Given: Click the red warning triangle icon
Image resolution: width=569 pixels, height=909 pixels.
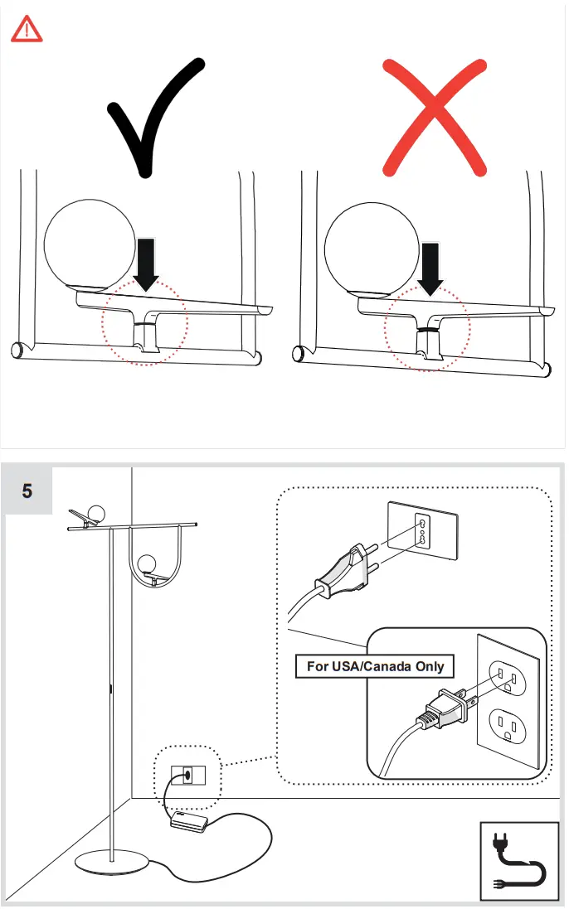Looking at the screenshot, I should (x=27, y=31).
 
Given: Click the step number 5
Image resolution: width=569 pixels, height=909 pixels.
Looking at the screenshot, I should (x=27, y=491).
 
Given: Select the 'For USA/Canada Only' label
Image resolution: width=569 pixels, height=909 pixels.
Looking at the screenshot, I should (x=375, y=666).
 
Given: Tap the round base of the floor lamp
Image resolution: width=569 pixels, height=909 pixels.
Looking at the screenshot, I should (x=113, y=862).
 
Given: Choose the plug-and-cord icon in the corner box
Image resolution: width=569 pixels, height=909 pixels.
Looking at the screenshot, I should (x=519, y=862).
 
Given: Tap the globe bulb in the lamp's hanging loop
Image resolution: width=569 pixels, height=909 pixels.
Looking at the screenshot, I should (x=148, y=564).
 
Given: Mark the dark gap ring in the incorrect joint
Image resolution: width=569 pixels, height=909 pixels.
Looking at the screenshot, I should (x=428, y=329).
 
